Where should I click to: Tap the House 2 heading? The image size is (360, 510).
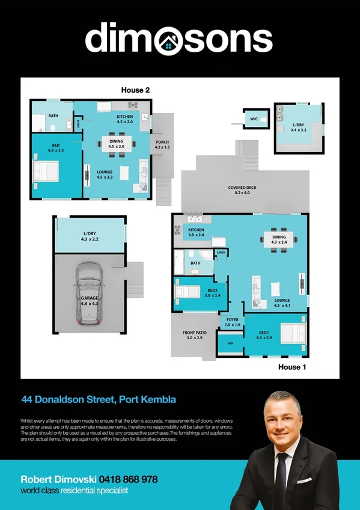[x=135, y=90]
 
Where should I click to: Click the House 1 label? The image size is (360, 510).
[x=293, y=366]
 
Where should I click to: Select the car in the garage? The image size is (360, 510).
[x=88, y=294]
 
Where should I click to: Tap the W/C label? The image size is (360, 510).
[x=254, y=120]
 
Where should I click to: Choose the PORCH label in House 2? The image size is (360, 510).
[x=162, y=145]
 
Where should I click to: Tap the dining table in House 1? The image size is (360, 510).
[x=279, y=239]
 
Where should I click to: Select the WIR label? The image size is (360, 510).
[x=230, y=343]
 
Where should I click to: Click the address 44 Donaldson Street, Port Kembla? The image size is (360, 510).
[x=99, y=399]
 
